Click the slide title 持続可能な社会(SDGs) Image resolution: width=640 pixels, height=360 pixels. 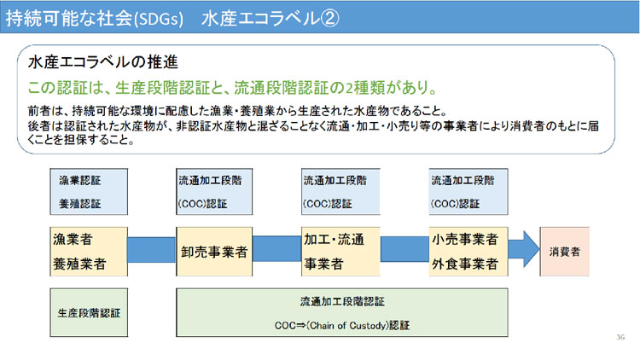[x=94, y=19]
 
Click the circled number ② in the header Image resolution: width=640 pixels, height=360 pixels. [x=329, y=19]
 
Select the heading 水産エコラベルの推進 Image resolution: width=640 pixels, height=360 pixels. [x=103, y=62]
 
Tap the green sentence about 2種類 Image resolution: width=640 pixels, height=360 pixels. [x=233, y=87]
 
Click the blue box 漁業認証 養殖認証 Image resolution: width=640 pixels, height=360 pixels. [x=89, y=191]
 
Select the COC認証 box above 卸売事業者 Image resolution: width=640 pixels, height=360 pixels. [x=214, y=191]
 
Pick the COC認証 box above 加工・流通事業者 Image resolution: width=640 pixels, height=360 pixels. [x=340, y=191]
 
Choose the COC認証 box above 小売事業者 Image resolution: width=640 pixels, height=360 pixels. [x=468, y=191]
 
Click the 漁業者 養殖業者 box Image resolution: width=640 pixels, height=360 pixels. [x=89, y=252]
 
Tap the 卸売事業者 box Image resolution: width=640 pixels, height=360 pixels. [x=214, y=252]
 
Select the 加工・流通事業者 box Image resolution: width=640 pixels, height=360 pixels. [x=340, y=252]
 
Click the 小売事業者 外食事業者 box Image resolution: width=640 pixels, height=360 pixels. [x=468, y=252]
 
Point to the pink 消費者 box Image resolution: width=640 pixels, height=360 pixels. [x=565, y=252]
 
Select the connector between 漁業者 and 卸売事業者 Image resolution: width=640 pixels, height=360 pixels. [x=151, y=250]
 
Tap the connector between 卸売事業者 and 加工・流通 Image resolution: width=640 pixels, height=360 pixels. [x=276, y=249]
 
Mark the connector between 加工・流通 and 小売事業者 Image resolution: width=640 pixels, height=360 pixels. [x=404, y=249]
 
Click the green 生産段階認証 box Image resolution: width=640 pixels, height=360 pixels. [x=89, y=312]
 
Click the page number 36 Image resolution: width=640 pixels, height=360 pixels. [x=620, y=337]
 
